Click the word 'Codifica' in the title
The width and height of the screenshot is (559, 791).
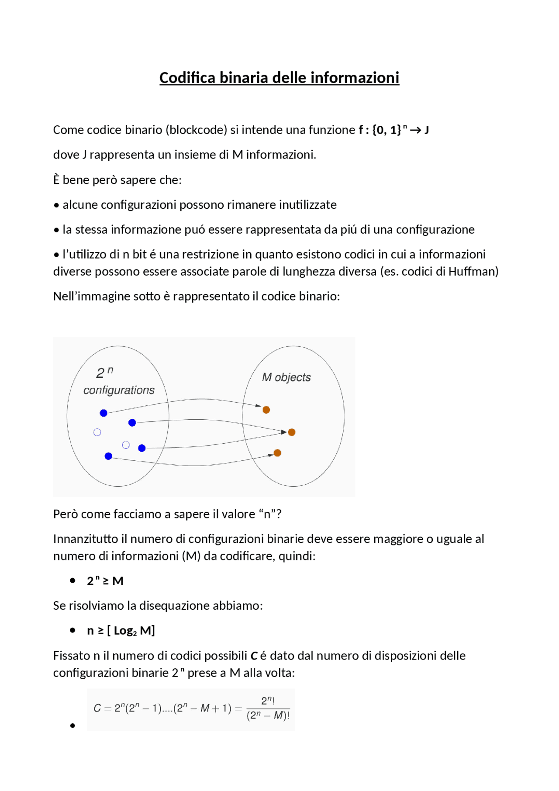187,78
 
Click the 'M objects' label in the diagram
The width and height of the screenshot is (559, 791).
286,377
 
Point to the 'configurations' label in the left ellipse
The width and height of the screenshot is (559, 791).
119,390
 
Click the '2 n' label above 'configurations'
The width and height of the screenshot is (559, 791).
104,373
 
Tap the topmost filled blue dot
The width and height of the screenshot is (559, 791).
104,413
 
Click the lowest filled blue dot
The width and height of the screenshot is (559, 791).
108,456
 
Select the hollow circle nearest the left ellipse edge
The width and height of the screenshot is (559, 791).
97,432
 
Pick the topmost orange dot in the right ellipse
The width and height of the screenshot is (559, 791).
266,410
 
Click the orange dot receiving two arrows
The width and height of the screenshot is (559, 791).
292,432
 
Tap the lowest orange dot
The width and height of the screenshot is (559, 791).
277,453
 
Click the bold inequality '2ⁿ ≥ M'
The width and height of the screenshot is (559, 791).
105,581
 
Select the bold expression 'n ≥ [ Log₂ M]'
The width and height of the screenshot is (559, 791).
121,631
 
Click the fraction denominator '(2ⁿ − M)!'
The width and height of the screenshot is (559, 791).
268,715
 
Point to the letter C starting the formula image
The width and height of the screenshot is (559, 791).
97,708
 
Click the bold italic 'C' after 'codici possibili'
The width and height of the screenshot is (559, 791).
254,656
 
